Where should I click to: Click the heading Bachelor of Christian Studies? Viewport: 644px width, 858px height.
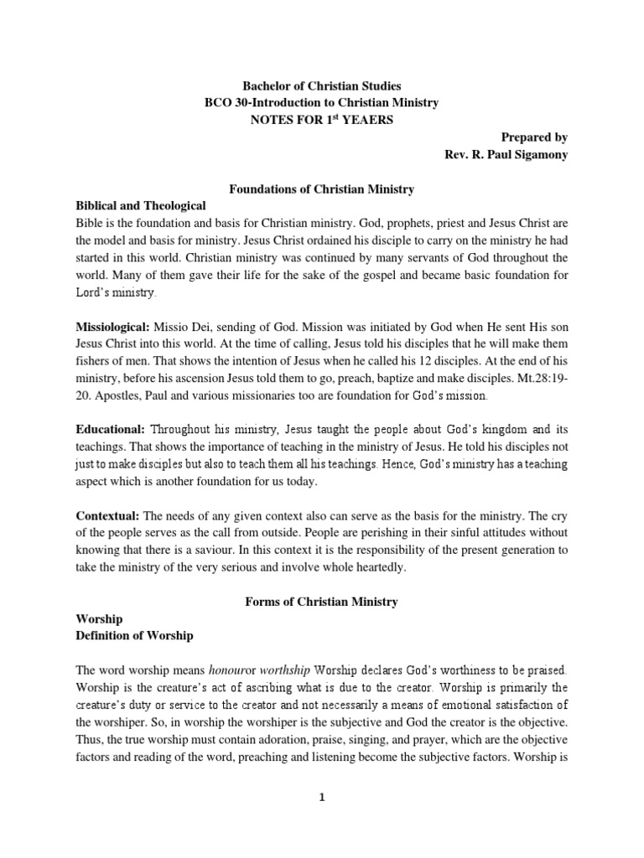[x=322, y=85]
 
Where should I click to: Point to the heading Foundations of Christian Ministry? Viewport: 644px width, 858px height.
[x=322, y=189]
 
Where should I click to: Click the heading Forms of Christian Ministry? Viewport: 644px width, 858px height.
[x=321, y=602]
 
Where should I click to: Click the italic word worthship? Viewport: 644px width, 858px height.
[x=287, y=671]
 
